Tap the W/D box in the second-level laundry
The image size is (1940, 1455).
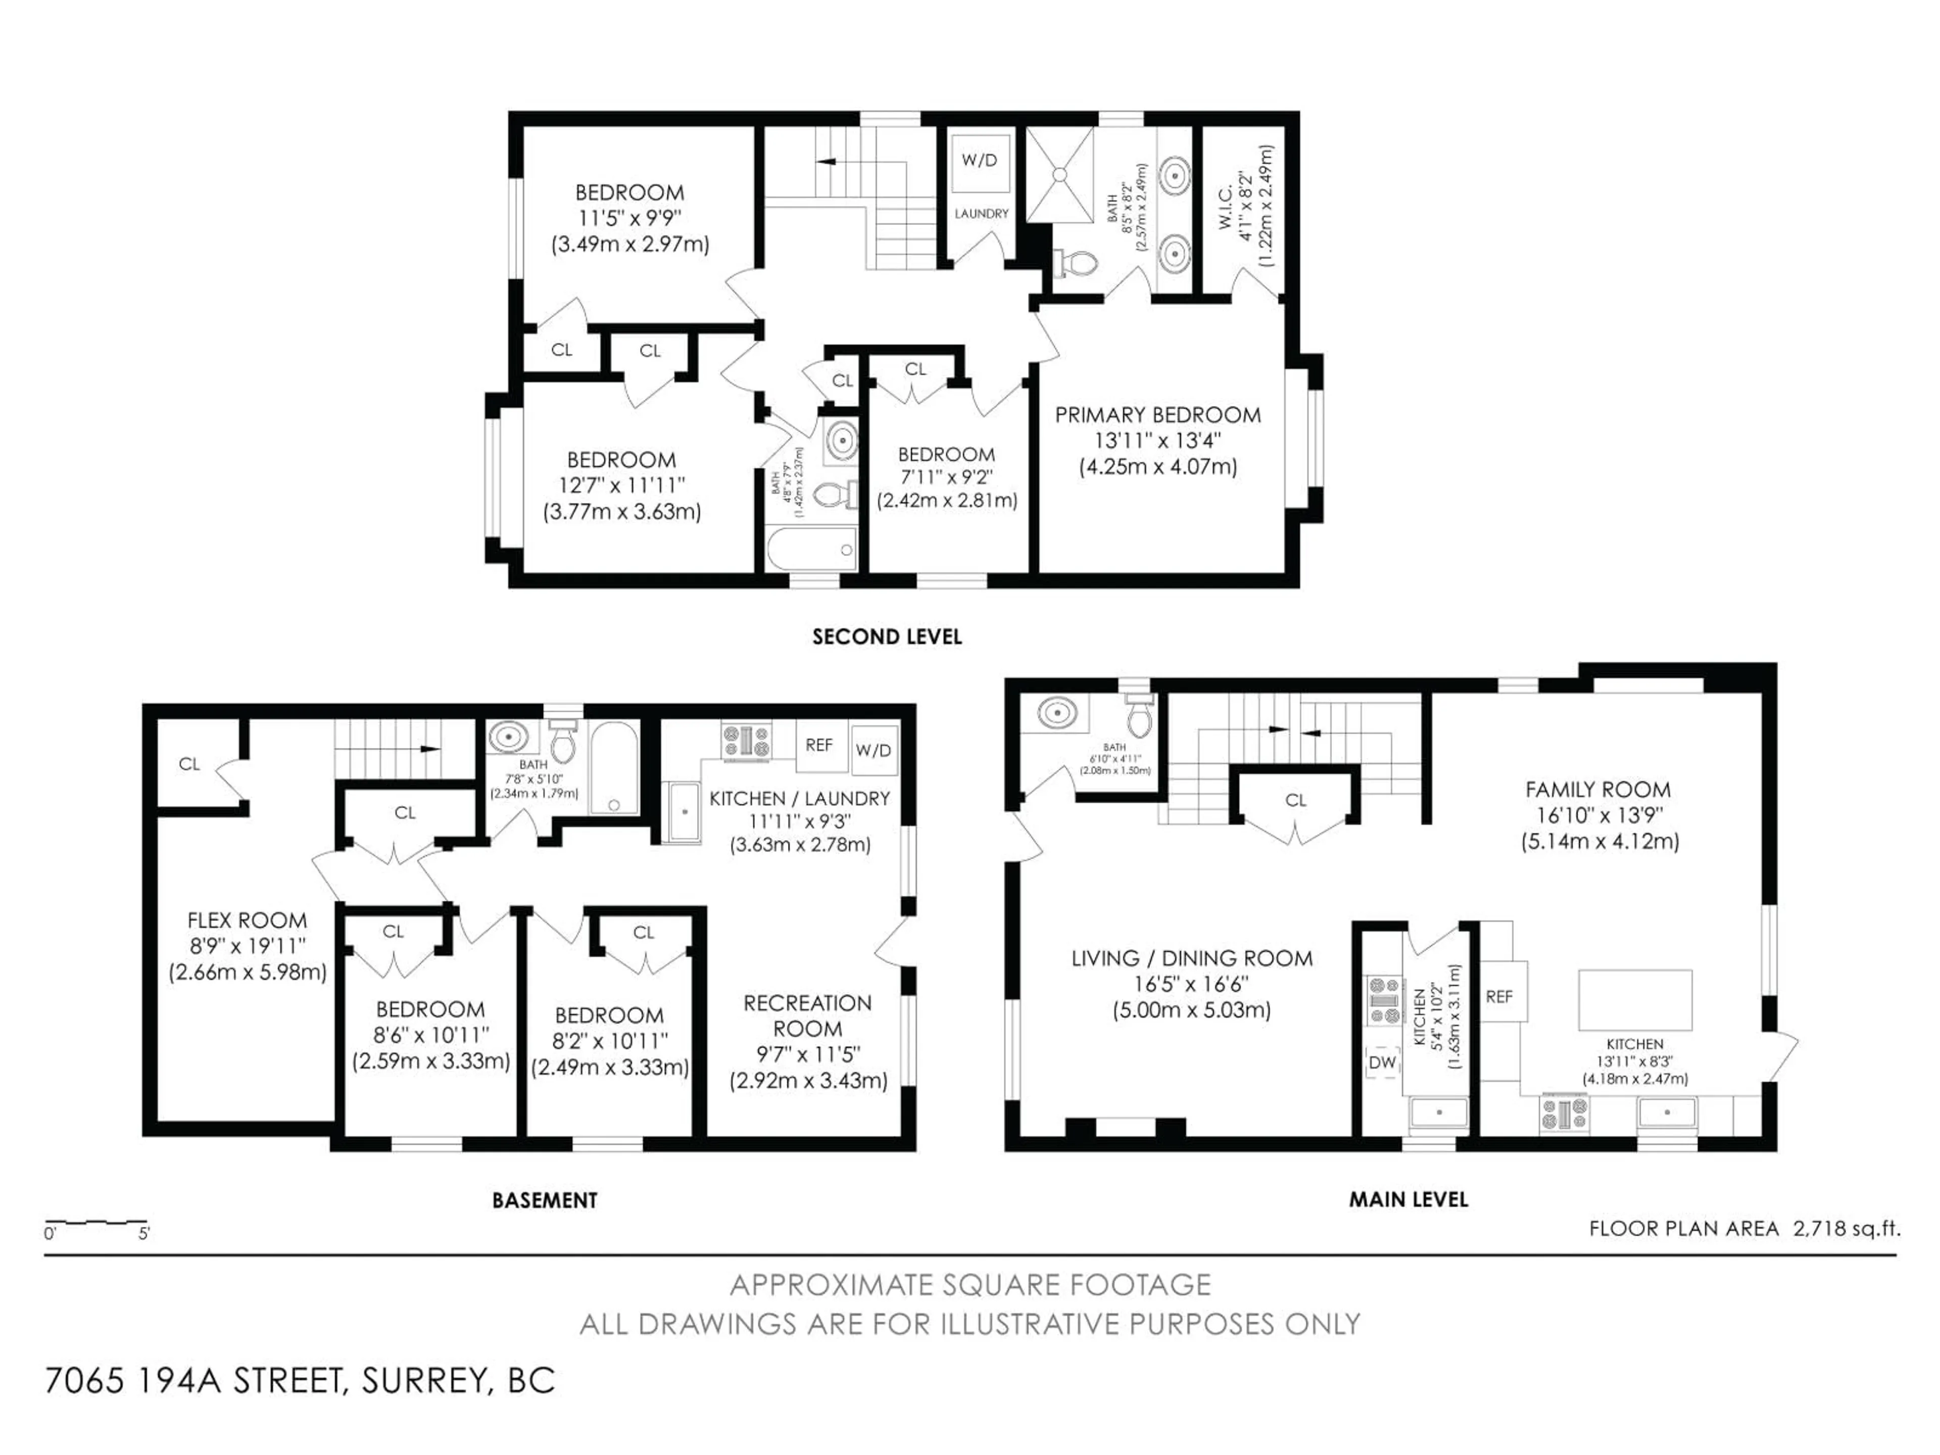point(980,161)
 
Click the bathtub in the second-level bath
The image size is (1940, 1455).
point(810,550)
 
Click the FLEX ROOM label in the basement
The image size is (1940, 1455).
point(248,920)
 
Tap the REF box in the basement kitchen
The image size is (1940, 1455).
point(819,745)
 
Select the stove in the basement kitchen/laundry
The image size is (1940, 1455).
point(746,739)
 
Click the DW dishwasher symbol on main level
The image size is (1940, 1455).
point(1382,1062)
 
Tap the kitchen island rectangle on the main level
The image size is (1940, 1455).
point(1635,999)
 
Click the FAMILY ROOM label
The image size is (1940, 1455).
point(1598,789)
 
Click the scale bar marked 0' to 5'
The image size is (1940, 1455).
point(96,1223)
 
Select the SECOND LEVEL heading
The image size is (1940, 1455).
point(887,637)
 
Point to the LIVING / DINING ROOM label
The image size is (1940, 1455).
point(1192,958)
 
